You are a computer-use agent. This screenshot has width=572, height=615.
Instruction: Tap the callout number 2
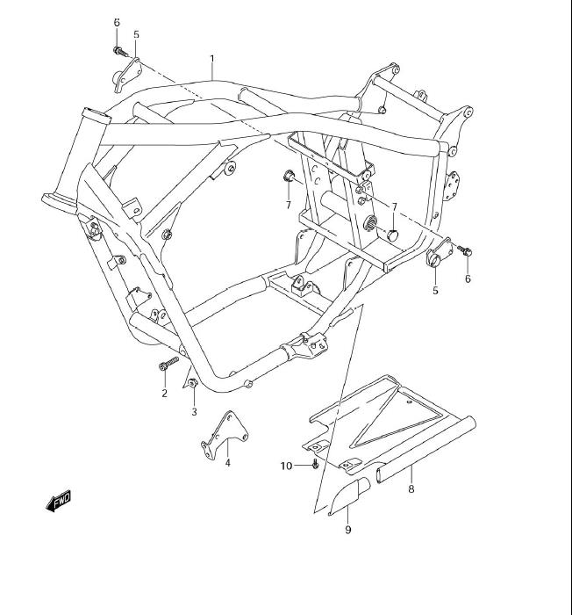(164, 393)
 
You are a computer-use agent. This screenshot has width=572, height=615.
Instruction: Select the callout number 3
(194, 411)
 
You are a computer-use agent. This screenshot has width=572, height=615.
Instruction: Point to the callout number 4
(227, 463)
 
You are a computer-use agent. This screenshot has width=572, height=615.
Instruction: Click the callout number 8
(411, 490)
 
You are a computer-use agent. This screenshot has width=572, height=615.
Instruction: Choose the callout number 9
(347, 530)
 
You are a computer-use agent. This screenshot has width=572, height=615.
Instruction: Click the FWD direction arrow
(58, 502)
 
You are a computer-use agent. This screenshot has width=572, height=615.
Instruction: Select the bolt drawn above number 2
(168, 365)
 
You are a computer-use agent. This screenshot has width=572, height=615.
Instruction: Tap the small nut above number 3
(191, 383)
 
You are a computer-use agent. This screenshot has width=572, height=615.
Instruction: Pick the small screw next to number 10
(314, 464)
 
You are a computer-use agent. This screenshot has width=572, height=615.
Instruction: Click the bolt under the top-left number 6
(116, 50)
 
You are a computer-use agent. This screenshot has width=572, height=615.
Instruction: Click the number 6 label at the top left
(116, 21)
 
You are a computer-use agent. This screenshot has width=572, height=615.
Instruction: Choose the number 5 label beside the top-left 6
(136, 34)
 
